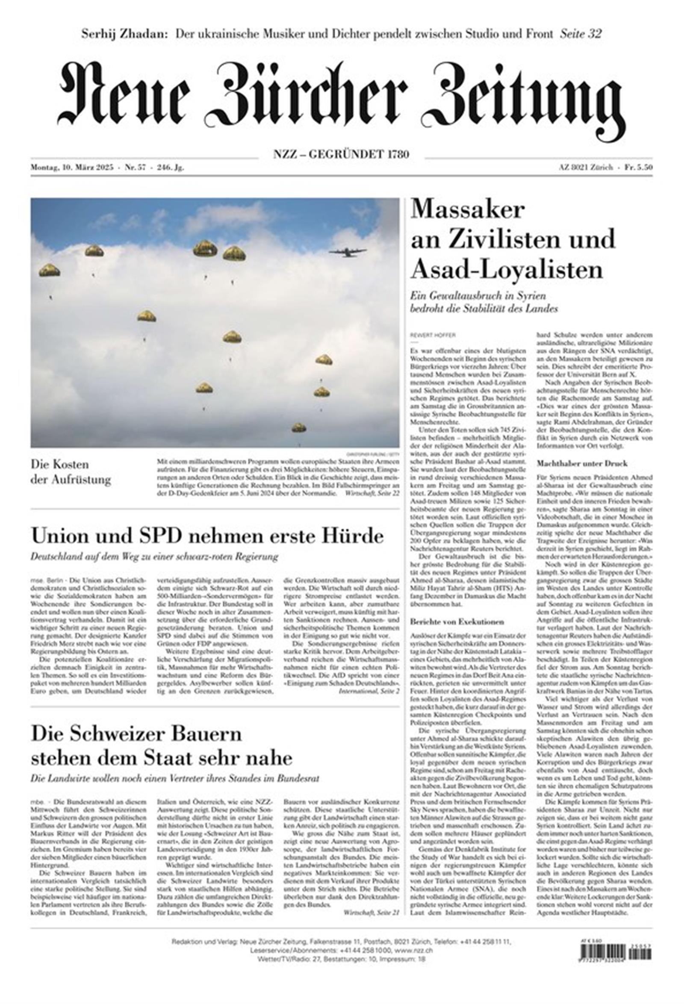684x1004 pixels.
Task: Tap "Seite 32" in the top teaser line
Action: point(581,34)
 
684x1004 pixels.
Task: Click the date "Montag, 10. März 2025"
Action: point(72,168)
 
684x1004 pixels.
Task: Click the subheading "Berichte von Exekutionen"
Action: point(457,621)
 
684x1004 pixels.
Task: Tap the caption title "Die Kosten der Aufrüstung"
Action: point(71,472)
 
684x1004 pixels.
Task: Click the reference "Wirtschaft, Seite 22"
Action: point(371,493)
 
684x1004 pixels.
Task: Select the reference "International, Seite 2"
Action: point(369,691)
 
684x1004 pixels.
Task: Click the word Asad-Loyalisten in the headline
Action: point(507,270)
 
